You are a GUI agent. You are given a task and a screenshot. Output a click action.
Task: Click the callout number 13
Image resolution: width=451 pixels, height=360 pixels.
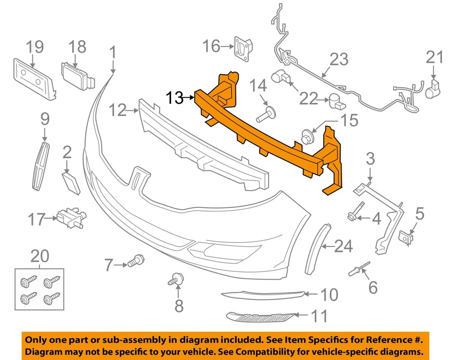tap(174, 98)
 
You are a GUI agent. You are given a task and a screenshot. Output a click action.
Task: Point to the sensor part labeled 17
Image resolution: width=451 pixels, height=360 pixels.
tap(69, 217)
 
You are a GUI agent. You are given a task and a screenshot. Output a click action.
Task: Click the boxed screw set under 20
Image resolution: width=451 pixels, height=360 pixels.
tap(39, 289)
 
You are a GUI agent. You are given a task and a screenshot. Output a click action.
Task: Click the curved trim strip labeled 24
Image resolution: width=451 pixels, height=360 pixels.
tap(316, 249)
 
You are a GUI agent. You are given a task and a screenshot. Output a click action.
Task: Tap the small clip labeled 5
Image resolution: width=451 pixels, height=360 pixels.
tap(405, 238)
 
